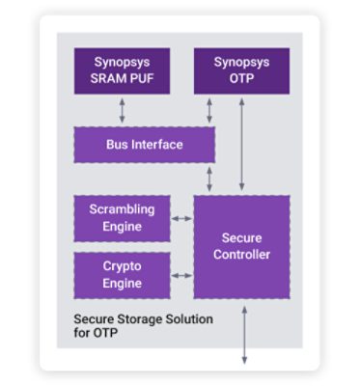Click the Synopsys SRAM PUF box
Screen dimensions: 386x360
[x=122, y=70]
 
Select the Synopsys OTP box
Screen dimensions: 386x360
[x=241, y=70]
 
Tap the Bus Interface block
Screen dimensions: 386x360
[x=144, y=145]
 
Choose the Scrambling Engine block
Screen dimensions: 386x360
[x=122, y=218]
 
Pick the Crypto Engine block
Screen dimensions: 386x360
[x=122, y=275]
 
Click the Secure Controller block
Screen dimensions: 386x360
[x=241, y=246]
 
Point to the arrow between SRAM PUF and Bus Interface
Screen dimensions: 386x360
[x=122, y=110]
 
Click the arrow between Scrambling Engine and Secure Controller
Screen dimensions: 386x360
[x=181, y=219]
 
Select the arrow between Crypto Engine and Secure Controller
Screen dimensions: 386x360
[x=181, y=276]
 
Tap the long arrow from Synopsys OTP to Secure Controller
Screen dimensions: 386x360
[x=241, y=145]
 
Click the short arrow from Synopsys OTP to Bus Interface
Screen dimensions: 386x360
[x=208, y=110]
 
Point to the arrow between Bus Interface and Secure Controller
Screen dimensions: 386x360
[x=208, y=179]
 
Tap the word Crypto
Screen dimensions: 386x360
[x=122, y=267]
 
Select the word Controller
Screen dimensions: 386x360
[x=241, y=255]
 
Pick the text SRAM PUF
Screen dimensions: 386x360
[x=122, y=79]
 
